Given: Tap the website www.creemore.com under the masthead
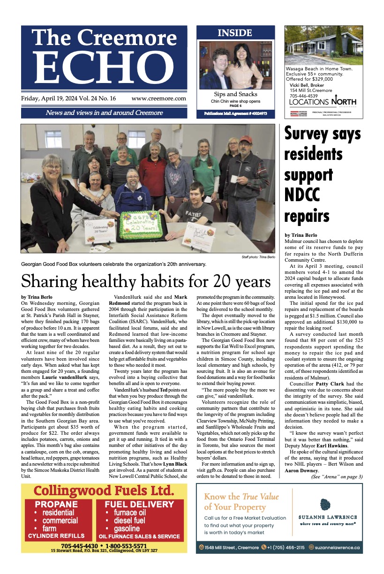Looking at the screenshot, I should pos(158,99).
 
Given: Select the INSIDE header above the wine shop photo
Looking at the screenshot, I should pos(235,33).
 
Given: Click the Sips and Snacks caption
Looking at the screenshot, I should pos(235,94).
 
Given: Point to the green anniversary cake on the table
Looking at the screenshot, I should pos(141,224).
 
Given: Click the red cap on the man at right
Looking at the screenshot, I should pos(245,139).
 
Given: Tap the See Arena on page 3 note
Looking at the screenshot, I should pos(337,477).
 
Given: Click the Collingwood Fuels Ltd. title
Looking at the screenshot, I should pos(104,491).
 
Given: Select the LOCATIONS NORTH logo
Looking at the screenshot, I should pos(323,102).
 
